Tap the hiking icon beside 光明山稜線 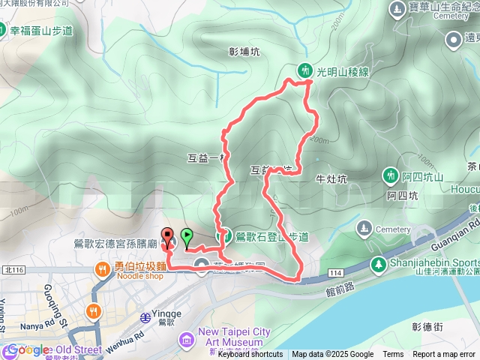304,70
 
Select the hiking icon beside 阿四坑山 391,175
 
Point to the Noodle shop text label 138,276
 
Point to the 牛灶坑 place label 331,179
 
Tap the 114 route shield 333,272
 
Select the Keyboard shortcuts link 250,355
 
